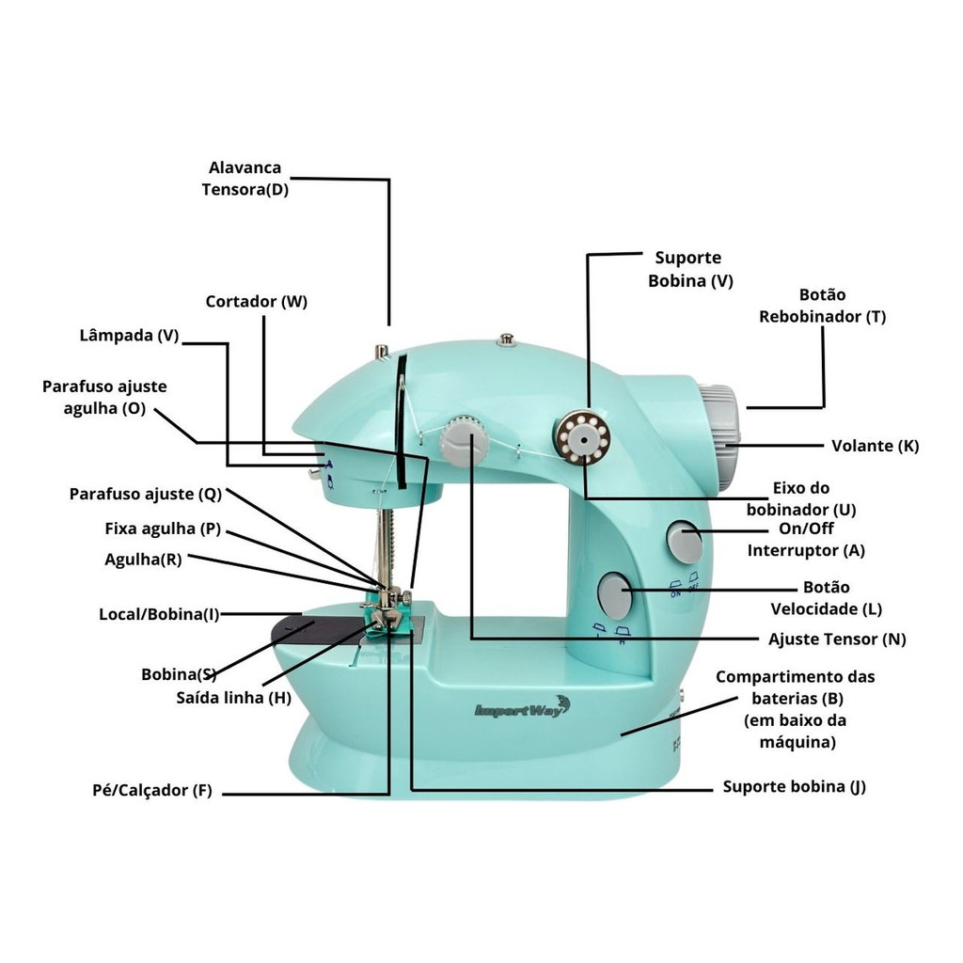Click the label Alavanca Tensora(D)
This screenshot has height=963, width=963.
[245, 178]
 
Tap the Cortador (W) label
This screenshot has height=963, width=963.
[256, 302]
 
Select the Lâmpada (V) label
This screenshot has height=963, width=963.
[129, 335]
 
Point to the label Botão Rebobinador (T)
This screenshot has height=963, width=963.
[822, 306]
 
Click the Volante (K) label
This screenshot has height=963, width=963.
[875, 445]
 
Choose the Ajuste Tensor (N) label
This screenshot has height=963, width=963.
[837, 639]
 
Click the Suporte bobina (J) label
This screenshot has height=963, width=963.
[794, 786]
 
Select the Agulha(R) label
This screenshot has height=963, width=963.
[143, 559]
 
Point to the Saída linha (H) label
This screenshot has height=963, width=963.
[233, 698]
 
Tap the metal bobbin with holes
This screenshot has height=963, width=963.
[581, 438]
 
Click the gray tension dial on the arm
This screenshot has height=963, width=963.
[463, 441]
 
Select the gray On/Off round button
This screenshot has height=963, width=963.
[685, 542]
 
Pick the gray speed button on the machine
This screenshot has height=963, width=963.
[615, 592]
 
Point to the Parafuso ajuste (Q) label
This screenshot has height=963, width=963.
[145, 494]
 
